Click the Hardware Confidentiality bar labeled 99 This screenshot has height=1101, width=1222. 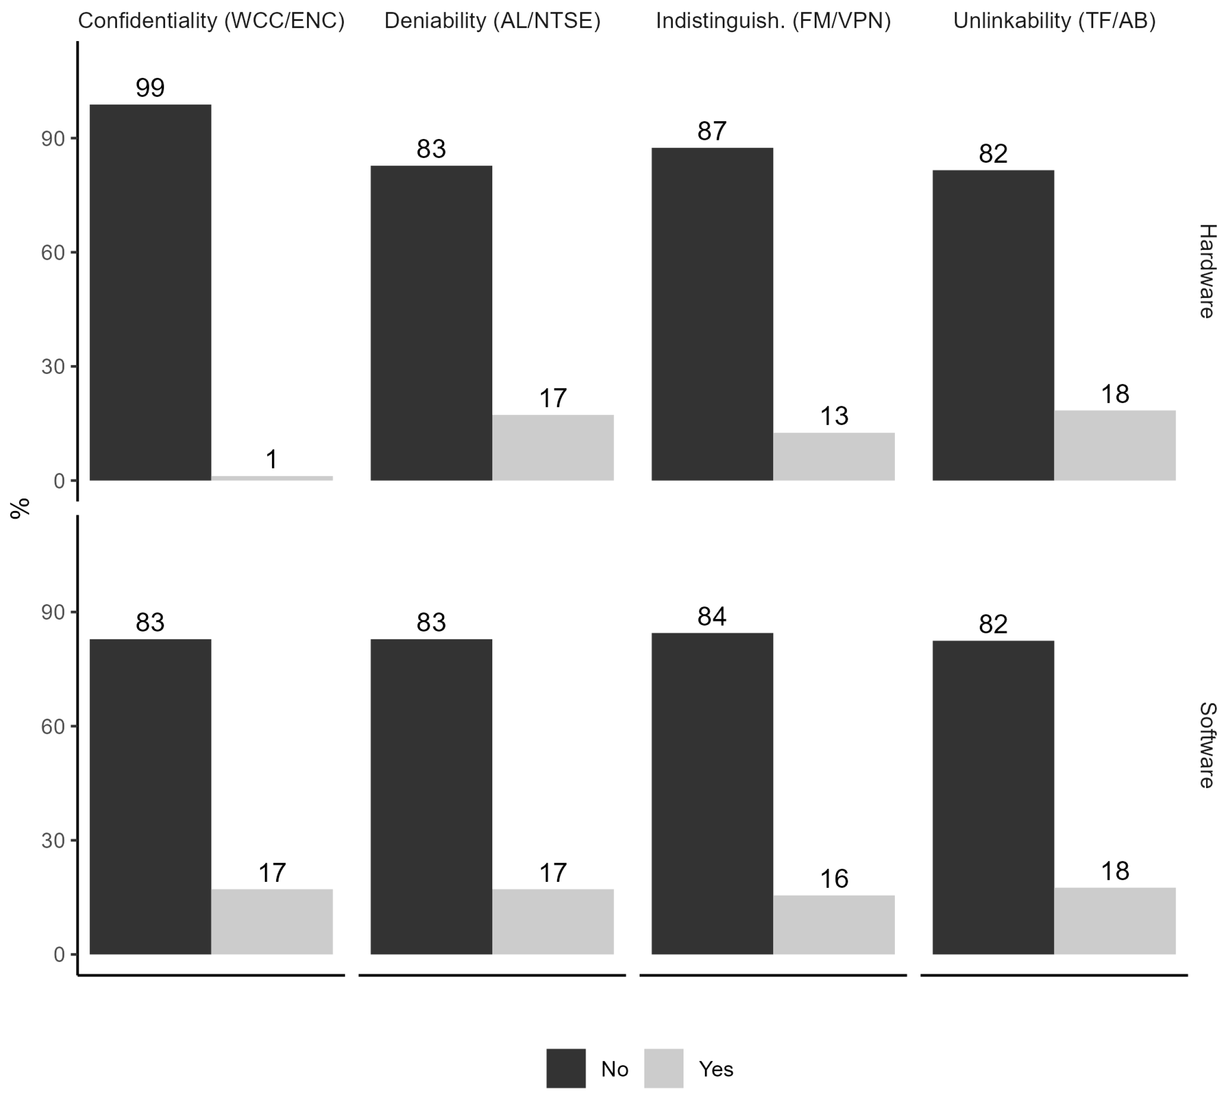150,292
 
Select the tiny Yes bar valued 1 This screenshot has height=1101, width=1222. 272,478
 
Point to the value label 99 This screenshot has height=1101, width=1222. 150,88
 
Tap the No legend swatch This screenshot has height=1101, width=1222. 566,1068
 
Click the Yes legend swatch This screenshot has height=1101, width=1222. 663,1068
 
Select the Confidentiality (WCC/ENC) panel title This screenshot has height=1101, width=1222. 211,21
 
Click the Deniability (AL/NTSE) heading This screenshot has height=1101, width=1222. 492,21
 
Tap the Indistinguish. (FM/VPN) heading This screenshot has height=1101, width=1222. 773,21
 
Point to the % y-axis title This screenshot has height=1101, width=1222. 20,508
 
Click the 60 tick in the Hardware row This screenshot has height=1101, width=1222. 53,253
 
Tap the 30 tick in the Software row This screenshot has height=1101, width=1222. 53,840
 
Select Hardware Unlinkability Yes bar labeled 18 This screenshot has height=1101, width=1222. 1114,446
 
